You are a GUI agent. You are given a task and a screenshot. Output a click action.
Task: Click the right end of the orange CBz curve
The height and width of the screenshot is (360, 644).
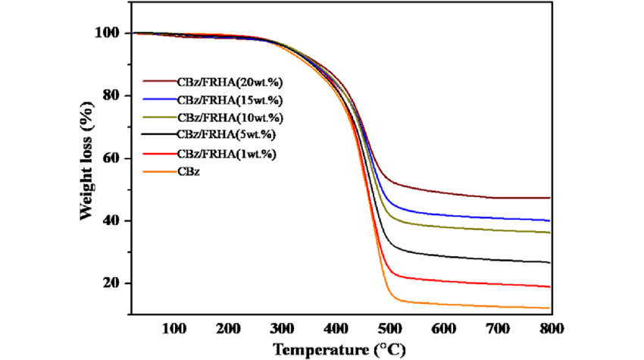click(x=549, y=308)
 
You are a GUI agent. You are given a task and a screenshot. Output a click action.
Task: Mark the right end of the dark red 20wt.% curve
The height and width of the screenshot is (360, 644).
click(x=549, y=198)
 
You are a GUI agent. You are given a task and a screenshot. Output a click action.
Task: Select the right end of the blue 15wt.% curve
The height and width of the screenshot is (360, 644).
click(x=549, y=221)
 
